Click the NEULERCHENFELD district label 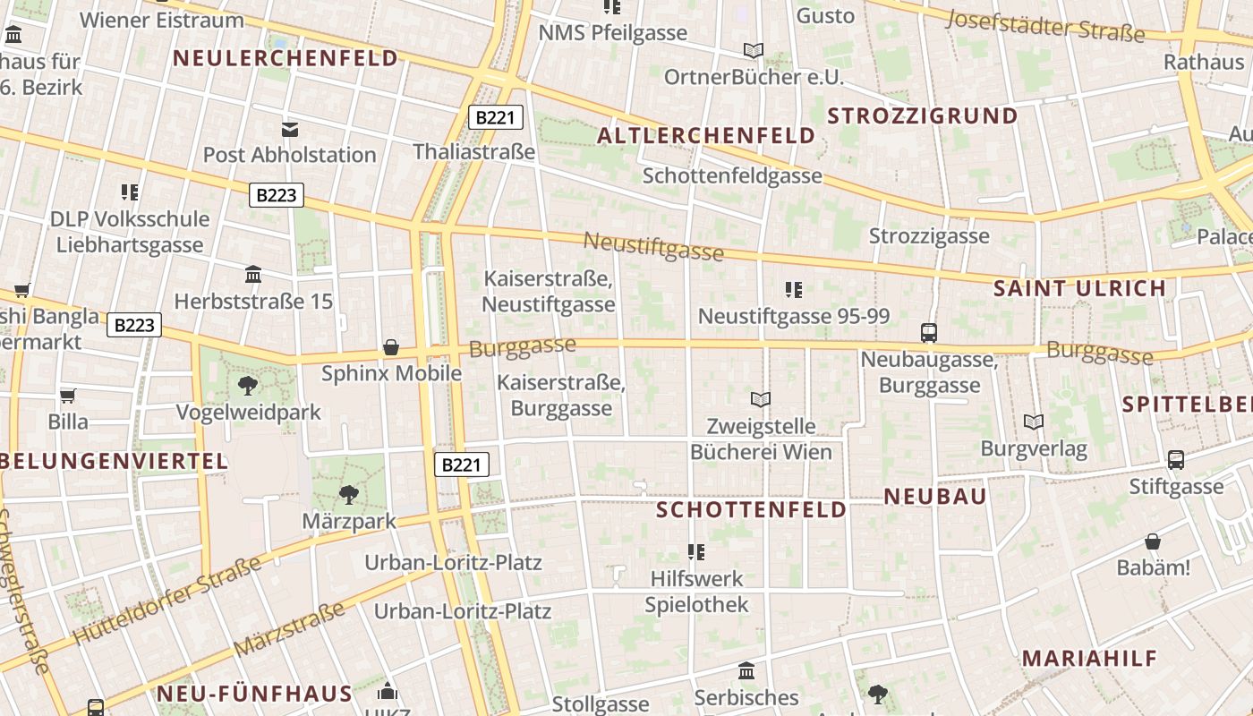click(x=285, y=59)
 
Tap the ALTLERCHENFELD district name click(x=706, y=136)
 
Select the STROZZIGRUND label click(x=923, y=116)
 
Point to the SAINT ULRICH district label click(x=1080, y=289)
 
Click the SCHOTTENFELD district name click(x=752, y=510)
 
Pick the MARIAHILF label click(x=1090, y=659)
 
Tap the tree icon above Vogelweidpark click(x=248, y=386)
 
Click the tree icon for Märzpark click(x=348, y=494)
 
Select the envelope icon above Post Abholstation click(x=290, y=129)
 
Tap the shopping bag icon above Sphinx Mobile click(x=391, y=347)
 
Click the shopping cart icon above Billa click(x=68, y=396)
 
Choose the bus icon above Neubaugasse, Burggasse click(x=929, y=333)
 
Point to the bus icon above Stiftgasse click(x=1176, y=460)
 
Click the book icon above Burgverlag click(x=1034, y=422)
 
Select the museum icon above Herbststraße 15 click(x=253, y=275)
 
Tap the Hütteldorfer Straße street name click(x=167, y=601)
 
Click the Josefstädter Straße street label click(x=1045, y=26)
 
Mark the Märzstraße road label click(x=289, y=628)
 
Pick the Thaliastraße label click(x=474, y=152)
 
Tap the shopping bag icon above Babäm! click(x=1153, y=541)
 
